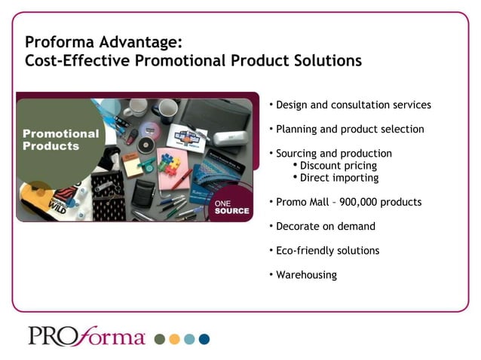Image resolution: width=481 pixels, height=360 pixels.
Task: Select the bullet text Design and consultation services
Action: (354, 105)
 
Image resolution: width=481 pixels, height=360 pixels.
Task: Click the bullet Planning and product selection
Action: (350, 129)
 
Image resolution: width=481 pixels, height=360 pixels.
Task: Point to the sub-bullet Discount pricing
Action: (339, 166)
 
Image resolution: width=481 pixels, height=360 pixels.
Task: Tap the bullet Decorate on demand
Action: (325, 226)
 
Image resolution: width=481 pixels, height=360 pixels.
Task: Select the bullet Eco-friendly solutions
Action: (327, 250)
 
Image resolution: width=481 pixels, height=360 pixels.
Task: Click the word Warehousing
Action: (306, 274)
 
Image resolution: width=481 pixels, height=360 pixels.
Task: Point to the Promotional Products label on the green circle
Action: (60, 139)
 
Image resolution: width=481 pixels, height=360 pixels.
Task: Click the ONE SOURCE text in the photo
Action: (231, 206)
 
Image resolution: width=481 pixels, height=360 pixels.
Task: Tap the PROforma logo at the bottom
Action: (87, 336)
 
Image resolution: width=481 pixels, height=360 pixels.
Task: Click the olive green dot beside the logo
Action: (159, 339)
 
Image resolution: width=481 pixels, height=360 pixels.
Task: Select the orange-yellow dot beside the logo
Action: (174, 339)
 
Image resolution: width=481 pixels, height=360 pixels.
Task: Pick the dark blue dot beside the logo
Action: (204, 339)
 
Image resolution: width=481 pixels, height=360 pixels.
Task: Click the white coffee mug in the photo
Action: (136, 110)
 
